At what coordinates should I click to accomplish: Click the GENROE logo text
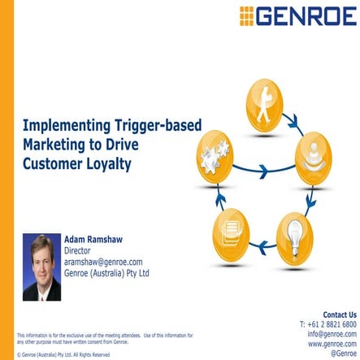point(309,15)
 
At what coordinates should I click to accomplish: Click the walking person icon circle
point(262,98)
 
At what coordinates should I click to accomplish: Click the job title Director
point(80,251)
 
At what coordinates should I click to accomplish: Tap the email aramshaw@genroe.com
point(103,262)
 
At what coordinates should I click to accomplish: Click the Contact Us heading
point(339,314)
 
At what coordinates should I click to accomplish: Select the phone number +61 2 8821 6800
point(327,324)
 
